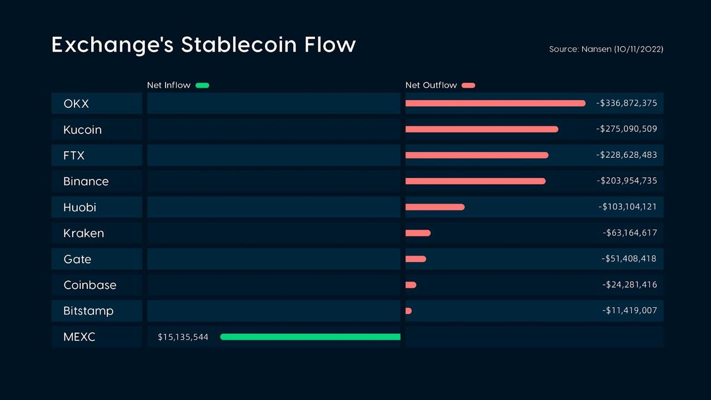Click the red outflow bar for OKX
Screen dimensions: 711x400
(495, 103)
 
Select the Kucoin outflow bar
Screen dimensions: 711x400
(482, 129)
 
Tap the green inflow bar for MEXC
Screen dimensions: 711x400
(310, 337)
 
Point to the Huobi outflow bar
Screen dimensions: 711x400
(435, 207)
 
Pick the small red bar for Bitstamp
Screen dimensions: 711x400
(408, 311)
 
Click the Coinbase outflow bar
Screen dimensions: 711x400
(410, 285)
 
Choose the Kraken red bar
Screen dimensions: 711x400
(418, 233)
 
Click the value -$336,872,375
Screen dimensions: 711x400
(627, 103)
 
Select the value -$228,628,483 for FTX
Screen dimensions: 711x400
(627, 155)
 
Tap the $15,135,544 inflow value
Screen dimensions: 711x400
(183, 337)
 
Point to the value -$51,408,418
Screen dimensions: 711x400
(629, 259)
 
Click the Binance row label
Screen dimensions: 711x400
(86, 181)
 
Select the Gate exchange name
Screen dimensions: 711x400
(77, 259)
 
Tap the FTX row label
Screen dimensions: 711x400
(74, 155)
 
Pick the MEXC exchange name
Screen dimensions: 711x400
(79, 337)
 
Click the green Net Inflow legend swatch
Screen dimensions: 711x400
(203, 85)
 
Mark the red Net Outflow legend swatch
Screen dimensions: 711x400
(468, 85)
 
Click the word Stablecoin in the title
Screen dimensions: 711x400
(239, 44)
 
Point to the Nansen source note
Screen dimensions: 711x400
(606, 49)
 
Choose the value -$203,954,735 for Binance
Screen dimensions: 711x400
(627, 181)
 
